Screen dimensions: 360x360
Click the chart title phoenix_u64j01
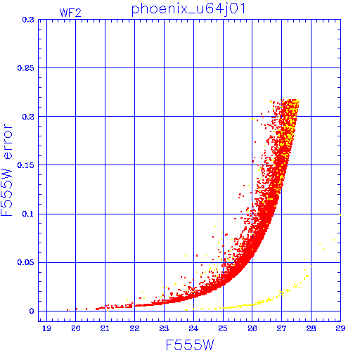(188, 9)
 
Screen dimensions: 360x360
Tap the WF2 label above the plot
(70, 13)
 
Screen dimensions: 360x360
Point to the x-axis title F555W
(190, 345)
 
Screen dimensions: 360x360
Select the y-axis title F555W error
(7, 170)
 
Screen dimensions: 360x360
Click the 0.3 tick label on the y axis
(28, 20)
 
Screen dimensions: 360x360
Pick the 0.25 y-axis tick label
(26, 68)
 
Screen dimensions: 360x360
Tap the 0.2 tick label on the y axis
(28, 117)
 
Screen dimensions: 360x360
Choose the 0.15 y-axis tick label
(26, 165)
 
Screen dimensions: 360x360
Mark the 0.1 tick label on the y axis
(28, 214)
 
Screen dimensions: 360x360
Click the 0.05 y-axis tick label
(26, 262)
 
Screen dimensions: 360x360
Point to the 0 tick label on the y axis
(32, 311)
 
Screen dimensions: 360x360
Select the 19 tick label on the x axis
(46, 328)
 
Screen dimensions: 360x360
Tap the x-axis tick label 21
(105, 328)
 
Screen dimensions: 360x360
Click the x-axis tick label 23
(164, 328)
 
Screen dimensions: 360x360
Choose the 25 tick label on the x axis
(223, 328)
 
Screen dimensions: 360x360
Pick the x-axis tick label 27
(281, 328)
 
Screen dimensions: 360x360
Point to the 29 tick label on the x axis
(340, 328)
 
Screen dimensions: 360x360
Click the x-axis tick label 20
(76, 328)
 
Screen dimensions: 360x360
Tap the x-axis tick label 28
(311, 328)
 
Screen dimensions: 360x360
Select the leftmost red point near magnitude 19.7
(67, 310)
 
